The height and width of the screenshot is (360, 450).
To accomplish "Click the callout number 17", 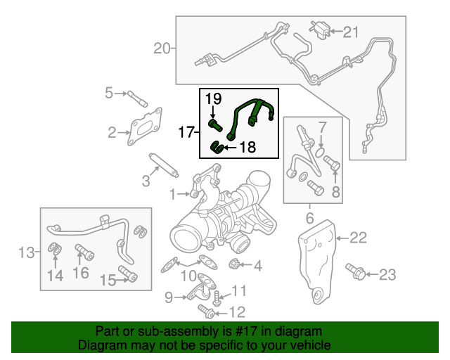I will click(x=186, y=131).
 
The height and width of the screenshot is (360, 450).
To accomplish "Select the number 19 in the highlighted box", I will click(x=214, y=100).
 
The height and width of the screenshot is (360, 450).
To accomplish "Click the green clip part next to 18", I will click(x=219, y=148).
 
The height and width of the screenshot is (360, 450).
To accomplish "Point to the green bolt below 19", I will click(x=216, y=125).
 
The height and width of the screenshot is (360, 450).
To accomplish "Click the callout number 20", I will click(x=162, y=49).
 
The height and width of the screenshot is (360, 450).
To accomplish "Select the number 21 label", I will click(x=350, y=31).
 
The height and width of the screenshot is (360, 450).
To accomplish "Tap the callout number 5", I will click(x=109, y=92).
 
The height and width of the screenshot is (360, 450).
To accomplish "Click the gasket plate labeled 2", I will click(x=145, y=127).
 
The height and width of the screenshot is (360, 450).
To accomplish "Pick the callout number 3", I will click(x=146, y=181).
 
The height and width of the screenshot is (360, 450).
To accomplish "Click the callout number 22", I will click(x=358, y=238).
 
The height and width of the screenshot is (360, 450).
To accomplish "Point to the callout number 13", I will click(x=26, y=252).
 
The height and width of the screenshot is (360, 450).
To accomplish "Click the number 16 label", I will click(x=81, y=272).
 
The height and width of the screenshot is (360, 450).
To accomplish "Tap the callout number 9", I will click(x=168, y=297).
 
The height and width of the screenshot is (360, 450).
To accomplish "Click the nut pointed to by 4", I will click(x=236, y=265).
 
